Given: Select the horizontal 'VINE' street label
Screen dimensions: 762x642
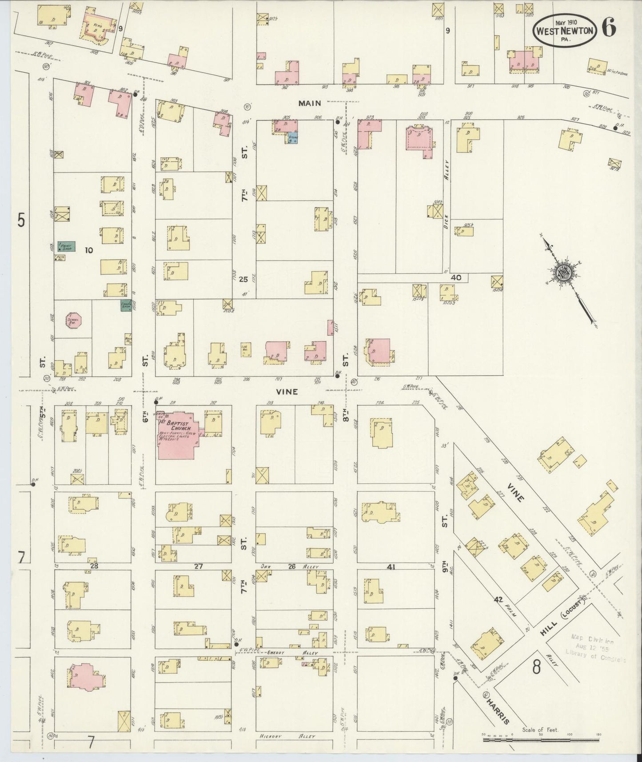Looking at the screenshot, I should (287, 392).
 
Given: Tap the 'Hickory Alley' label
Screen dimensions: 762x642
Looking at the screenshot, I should (287, 736).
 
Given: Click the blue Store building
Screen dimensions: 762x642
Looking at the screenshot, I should (293, 138).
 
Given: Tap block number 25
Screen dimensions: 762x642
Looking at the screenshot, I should (243, 279).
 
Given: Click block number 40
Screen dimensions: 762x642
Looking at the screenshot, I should (456, 277).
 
